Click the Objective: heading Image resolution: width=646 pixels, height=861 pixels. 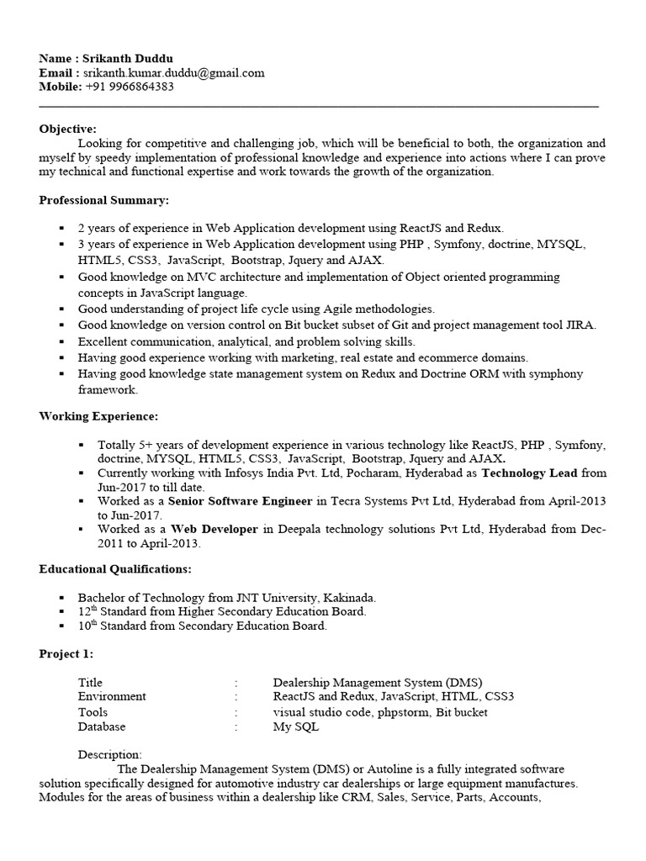tap(68, 129)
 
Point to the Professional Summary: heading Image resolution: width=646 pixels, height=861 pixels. tap(104, 200)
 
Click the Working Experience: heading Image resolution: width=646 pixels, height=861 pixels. tap(98, 416)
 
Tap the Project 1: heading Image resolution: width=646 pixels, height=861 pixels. tap(66, 654)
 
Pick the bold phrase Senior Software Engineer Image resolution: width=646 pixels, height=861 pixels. tap(241, 501)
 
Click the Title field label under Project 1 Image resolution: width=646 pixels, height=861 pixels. tap(90, 683)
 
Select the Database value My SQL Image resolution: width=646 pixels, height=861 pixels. tap(296, 726)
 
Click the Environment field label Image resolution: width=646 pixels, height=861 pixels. tap(112, 697)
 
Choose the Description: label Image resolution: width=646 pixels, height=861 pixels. tap(110, 755)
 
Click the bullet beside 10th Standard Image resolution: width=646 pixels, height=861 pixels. tap(62, 626)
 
